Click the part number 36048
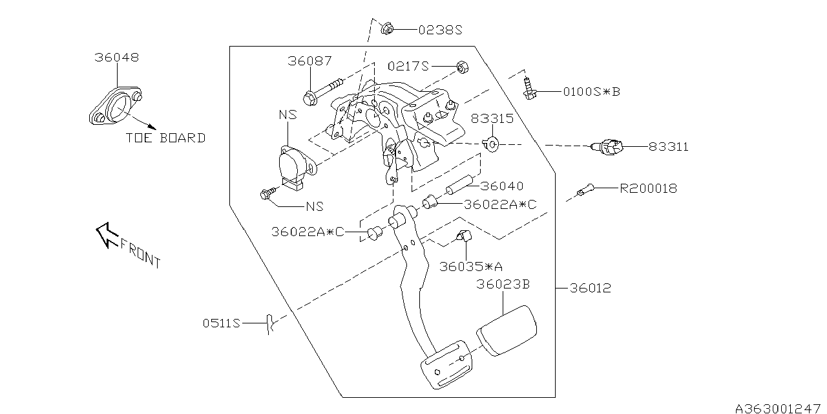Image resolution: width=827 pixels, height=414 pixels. click(116, 58)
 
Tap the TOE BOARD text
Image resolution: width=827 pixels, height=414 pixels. click(166, 138)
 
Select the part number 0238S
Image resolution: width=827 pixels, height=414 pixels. click(441, 30)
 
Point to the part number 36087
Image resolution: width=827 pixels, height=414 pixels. click(309, 61)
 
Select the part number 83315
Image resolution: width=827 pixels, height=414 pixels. click(492, 118)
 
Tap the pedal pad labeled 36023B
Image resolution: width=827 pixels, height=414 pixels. click(507, 331)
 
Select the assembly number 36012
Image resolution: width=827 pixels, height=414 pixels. click(590, 288)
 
